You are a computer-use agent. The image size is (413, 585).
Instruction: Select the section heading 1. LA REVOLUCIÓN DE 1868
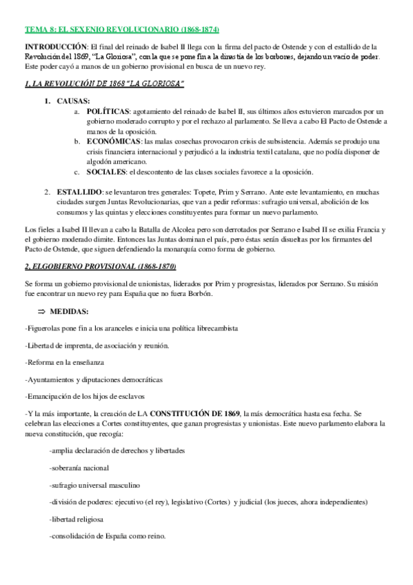(104, 83)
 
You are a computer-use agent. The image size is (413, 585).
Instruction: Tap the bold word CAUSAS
(73, 101)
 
